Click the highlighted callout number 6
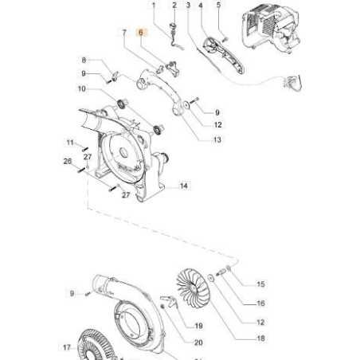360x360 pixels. (x=142, y=33)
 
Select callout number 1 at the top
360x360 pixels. (x=156, y=6)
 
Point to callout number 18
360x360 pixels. (x=238, y=338)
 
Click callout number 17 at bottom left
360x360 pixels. (x=67, y=347)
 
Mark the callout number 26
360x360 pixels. (x=68, y=162)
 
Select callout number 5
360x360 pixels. (x=218, y=6)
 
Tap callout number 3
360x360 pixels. (x=188, y=6)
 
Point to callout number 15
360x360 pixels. (x=260, y=284)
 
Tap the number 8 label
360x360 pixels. (x=84, y=60)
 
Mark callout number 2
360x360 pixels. (x=174, y=6)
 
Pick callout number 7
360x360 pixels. (x=123, y=33)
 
